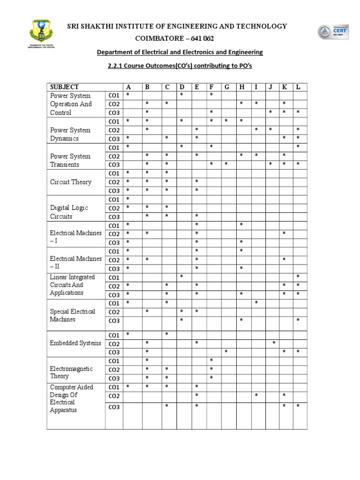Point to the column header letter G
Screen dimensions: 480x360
pos(226,87)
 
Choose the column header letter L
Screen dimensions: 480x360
pos(298,87)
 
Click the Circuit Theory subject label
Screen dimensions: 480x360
pos(71,182)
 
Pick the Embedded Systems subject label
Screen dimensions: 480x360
pos(75,343)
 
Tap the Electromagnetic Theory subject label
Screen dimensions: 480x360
pos(71,372)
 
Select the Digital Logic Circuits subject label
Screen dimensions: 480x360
pos(69,212)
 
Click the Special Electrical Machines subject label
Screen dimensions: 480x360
pos(72,315)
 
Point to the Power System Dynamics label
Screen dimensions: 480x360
pos(70,134)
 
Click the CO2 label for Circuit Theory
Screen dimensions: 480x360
pos(114,182)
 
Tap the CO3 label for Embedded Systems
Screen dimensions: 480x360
pos(114,352)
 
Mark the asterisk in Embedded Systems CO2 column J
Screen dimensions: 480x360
pos(274,343)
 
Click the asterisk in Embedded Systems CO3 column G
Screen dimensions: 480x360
pos(226,352)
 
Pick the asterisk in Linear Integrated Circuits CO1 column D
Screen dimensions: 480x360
pos(181,277)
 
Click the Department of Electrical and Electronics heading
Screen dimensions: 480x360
pos(180,52)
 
